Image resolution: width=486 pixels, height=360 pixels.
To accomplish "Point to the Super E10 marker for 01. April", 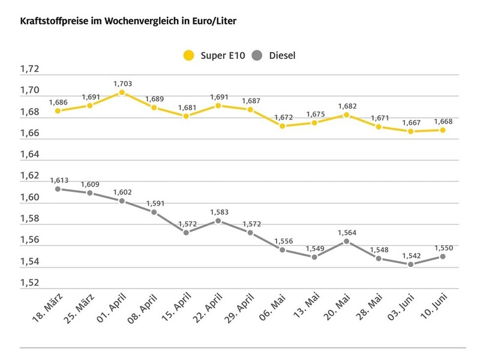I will coord(122,92).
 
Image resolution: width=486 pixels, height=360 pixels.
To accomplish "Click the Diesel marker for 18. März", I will coord(58,189).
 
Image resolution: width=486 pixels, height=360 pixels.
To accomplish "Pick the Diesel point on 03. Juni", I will coord(411,265).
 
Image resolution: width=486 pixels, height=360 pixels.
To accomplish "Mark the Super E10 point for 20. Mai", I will coord(347,115).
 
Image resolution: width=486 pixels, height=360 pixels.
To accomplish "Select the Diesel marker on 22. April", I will coord(218,221).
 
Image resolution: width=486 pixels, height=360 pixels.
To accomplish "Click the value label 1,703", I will coord(122,83).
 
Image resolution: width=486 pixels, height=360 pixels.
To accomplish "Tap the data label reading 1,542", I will coord(411,255).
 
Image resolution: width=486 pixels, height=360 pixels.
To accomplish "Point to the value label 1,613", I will coord(58,179).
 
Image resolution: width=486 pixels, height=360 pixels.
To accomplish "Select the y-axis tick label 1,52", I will coord(29,283).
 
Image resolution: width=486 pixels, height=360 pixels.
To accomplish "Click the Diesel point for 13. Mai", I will coord(314,257).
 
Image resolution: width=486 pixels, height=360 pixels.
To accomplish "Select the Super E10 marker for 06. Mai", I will coord(283,126).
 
